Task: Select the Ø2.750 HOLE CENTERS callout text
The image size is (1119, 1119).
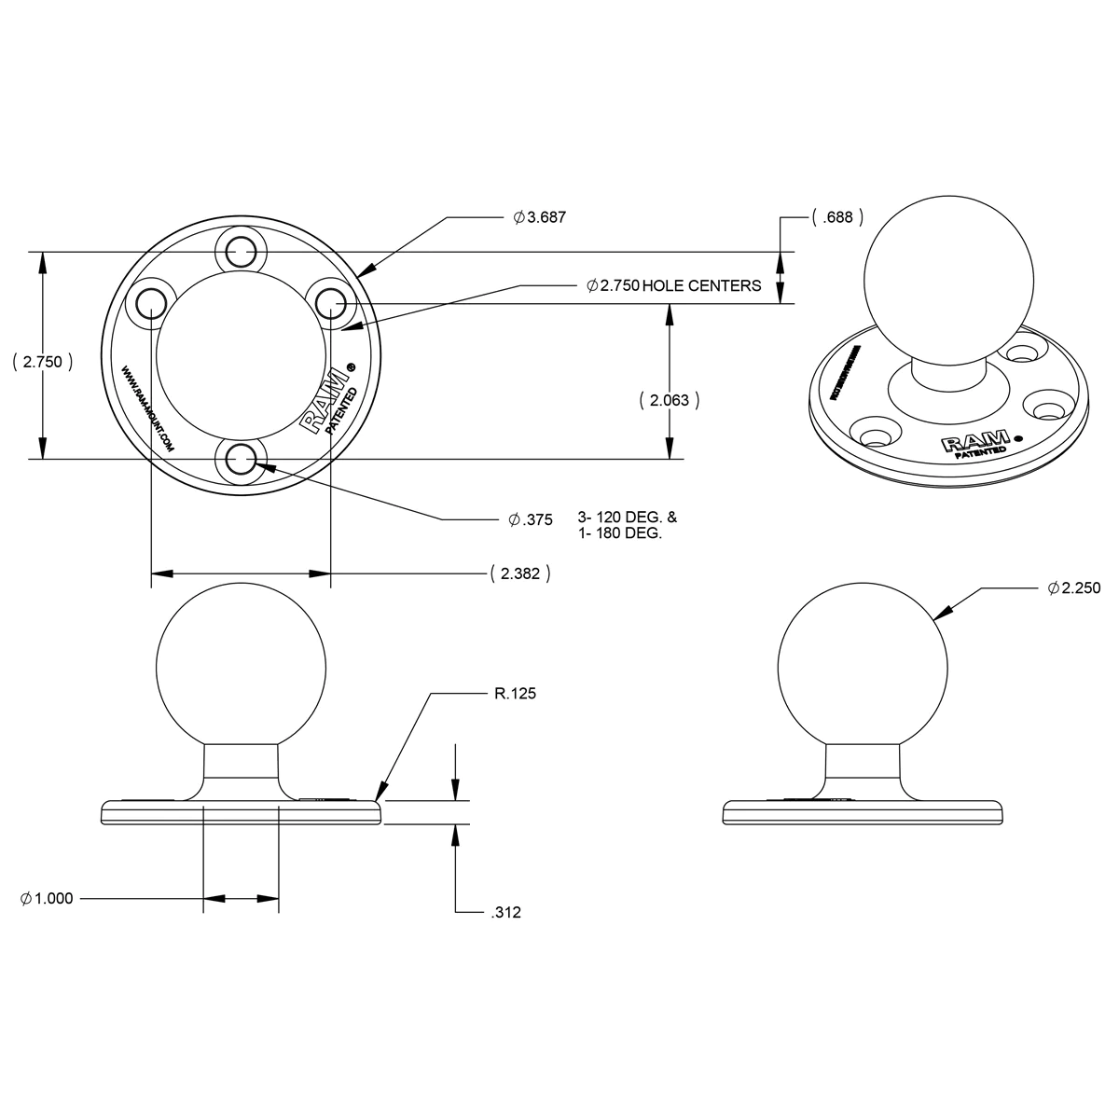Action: coord(674,285)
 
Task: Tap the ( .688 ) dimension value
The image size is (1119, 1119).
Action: coord(837,217)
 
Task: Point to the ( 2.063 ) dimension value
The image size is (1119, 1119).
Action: coord(670,400)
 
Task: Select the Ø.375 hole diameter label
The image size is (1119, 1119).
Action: coord(531,520)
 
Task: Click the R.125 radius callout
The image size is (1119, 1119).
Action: coord(514,694)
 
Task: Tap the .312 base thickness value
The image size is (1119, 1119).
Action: coord(505,913)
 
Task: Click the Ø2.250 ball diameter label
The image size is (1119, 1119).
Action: coord(1074,588)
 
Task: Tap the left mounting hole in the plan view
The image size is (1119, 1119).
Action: coord(150,302)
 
